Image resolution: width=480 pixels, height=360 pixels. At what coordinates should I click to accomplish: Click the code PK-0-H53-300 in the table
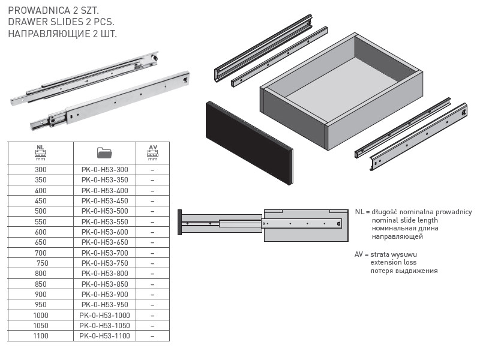104,170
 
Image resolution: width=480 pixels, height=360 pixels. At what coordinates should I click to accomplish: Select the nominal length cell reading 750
42,263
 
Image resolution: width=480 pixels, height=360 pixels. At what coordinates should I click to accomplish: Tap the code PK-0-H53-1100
104,336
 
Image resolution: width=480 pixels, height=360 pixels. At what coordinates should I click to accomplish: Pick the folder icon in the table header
104,152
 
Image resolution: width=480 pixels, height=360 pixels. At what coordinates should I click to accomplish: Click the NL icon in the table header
40,152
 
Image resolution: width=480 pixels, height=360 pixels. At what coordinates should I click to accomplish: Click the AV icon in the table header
153,152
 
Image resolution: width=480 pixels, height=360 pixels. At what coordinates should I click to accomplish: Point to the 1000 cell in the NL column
41,316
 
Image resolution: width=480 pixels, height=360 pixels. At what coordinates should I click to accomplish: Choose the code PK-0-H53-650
104,242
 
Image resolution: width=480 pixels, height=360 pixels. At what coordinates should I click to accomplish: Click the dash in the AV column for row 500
152,212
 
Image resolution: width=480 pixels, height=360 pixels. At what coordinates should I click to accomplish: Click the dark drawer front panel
250,143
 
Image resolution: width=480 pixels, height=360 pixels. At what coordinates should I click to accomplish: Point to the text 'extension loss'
394,262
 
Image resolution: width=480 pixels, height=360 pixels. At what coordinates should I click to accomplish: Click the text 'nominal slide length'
404,220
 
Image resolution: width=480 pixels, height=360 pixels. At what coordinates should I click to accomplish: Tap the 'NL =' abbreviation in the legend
362,212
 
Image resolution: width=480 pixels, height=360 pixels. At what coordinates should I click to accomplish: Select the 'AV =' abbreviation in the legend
362,254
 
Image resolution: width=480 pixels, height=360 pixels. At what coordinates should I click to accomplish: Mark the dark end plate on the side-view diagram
179,222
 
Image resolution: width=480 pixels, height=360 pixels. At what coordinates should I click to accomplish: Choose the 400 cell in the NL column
41,191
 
